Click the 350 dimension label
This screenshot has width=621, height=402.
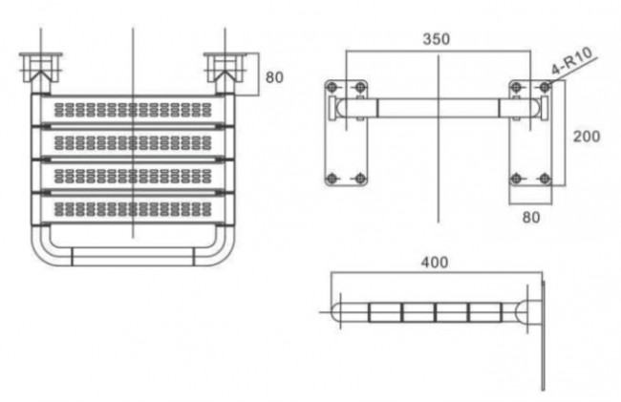tap(436, 39)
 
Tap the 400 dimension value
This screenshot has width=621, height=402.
tap(435, 263)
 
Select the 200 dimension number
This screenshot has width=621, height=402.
tap(587, 137)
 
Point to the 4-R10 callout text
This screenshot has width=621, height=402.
tap(572, 60)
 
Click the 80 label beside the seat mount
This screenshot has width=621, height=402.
tap(274, 77)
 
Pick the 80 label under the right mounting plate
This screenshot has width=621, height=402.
tap(530, 217)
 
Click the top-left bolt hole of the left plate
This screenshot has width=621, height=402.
tap(332, 87)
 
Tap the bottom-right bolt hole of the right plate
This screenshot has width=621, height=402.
tap(545, 179)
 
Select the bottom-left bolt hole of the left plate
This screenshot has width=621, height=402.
tap(332, 179)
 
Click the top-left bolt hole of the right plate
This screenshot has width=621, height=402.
tap(516, 87)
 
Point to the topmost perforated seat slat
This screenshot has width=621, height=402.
tap(133, 110)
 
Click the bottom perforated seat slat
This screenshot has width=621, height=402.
tap(133, 209)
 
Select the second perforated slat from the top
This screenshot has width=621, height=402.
tap(133, 143)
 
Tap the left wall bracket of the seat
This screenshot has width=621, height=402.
tap(41, 68)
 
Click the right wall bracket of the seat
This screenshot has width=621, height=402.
tap(225, 68)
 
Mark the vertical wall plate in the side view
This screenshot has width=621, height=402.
tap(543, 335)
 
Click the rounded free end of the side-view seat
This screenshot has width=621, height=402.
tap(335, 312)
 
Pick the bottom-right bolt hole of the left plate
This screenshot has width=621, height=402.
tap(359, 179)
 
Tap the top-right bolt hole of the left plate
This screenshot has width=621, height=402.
tap(359, 87)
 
